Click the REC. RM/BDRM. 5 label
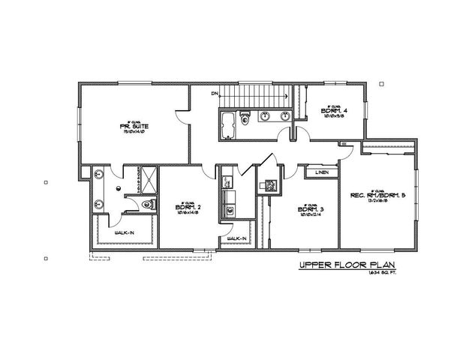pos(377,196)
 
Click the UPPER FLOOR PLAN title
pos(347,265)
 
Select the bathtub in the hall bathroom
pos(229,125)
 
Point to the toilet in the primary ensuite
pos(147,203)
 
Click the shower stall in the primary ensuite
pos(147,179)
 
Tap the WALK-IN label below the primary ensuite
pos(124,233)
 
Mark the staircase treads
pos(255,97)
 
